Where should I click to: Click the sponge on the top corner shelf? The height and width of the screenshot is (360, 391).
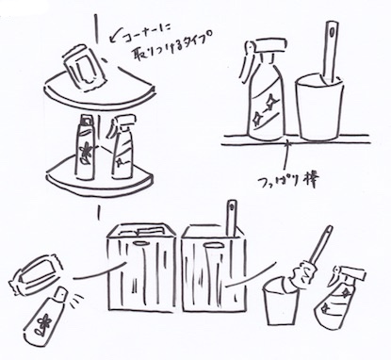(x=84, y=66)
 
